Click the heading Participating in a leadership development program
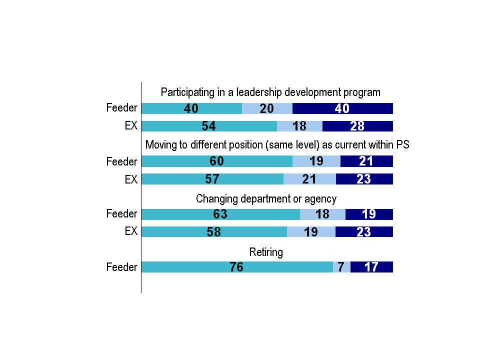pyautogui.click(x=270, y=92)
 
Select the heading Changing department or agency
pyautogui.click(x=266, y=198)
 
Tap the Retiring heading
pyautogui.click(x=266, y=252)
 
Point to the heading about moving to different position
pyautogui.click(x=277, y=145)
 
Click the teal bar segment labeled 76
pyautogui.click(x=237, y=267)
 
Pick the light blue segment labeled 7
pyautogui.click(x=341, y=267)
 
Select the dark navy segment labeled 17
pyautogui.click(x=371, y=267)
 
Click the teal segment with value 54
pyautogui.click(x=209, y=126)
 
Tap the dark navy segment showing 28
pyautogui.click(x=357, y=126)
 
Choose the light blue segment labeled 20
pyautogui.click(x=267, y=108)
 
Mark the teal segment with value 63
pyautogui.click(x=220, y=214)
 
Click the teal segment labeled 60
pyautogui.click(x=217, y=161)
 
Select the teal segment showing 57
pyautogui.click(x=212, y=179)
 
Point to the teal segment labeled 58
pyautogui.click(x=214, y=232)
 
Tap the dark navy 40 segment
pyautogui.click(x=342, y=108)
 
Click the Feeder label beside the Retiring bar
pyautogui.click(x=121, y=267)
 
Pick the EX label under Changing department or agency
pyautogui.click(x=131, y=232)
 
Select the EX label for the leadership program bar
pyautogui.click(x=131, y=126)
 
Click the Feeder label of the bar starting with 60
pyautogui.click(x=121, y=161)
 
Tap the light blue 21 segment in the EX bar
pyautogui.click(x=309, y=179)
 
